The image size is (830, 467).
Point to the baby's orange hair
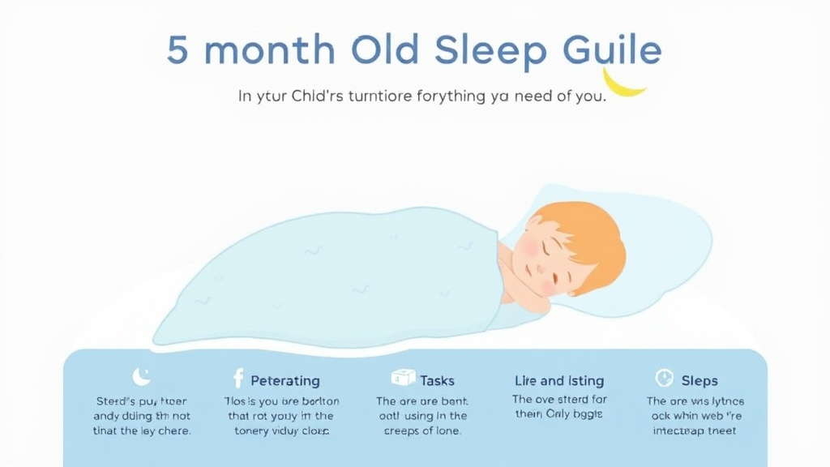[588, 231]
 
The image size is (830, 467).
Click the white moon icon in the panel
[141, 376]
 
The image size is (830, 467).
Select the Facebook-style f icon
[238, 379]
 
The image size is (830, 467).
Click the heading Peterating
[285, 380]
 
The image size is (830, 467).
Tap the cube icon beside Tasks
[403, 378]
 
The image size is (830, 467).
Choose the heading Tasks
[437, 380]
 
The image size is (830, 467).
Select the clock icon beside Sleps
[664, 379]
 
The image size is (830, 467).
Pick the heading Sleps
[700, 380]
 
